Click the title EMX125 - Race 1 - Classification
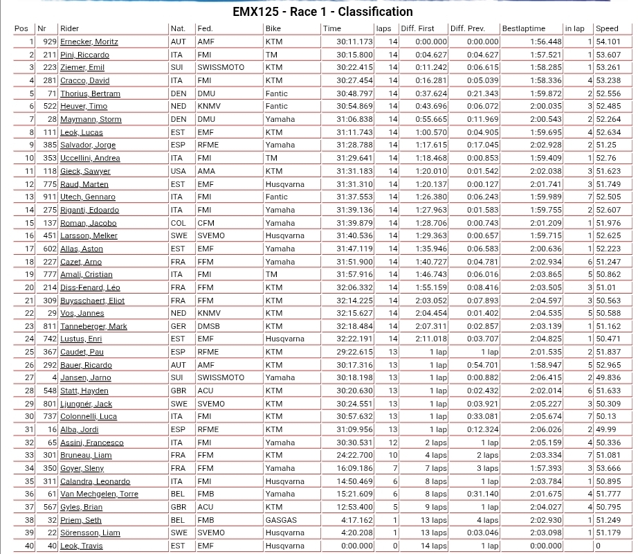[x=322, y=12]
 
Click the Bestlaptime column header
[x=523, y=28]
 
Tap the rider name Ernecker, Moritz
[x=89, y=42]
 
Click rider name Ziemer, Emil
[x=82, y=67]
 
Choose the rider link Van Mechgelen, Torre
[x=99, y=494]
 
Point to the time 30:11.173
[x=354, y=42]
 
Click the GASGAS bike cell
[x=280, y=520]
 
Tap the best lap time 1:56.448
[x=546, y=42]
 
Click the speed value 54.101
[x=608, y=42]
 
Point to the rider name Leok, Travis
[x=81, y=546]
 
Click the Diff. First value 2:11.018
[x=431, y=339]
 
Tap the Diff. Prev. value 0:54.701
[x=482, y=365]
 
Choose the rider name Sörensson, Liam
[x=90, y=533]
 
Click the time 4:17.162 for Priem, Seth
[x=357, y=520]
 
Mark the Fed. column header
[x=205, y=28]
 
